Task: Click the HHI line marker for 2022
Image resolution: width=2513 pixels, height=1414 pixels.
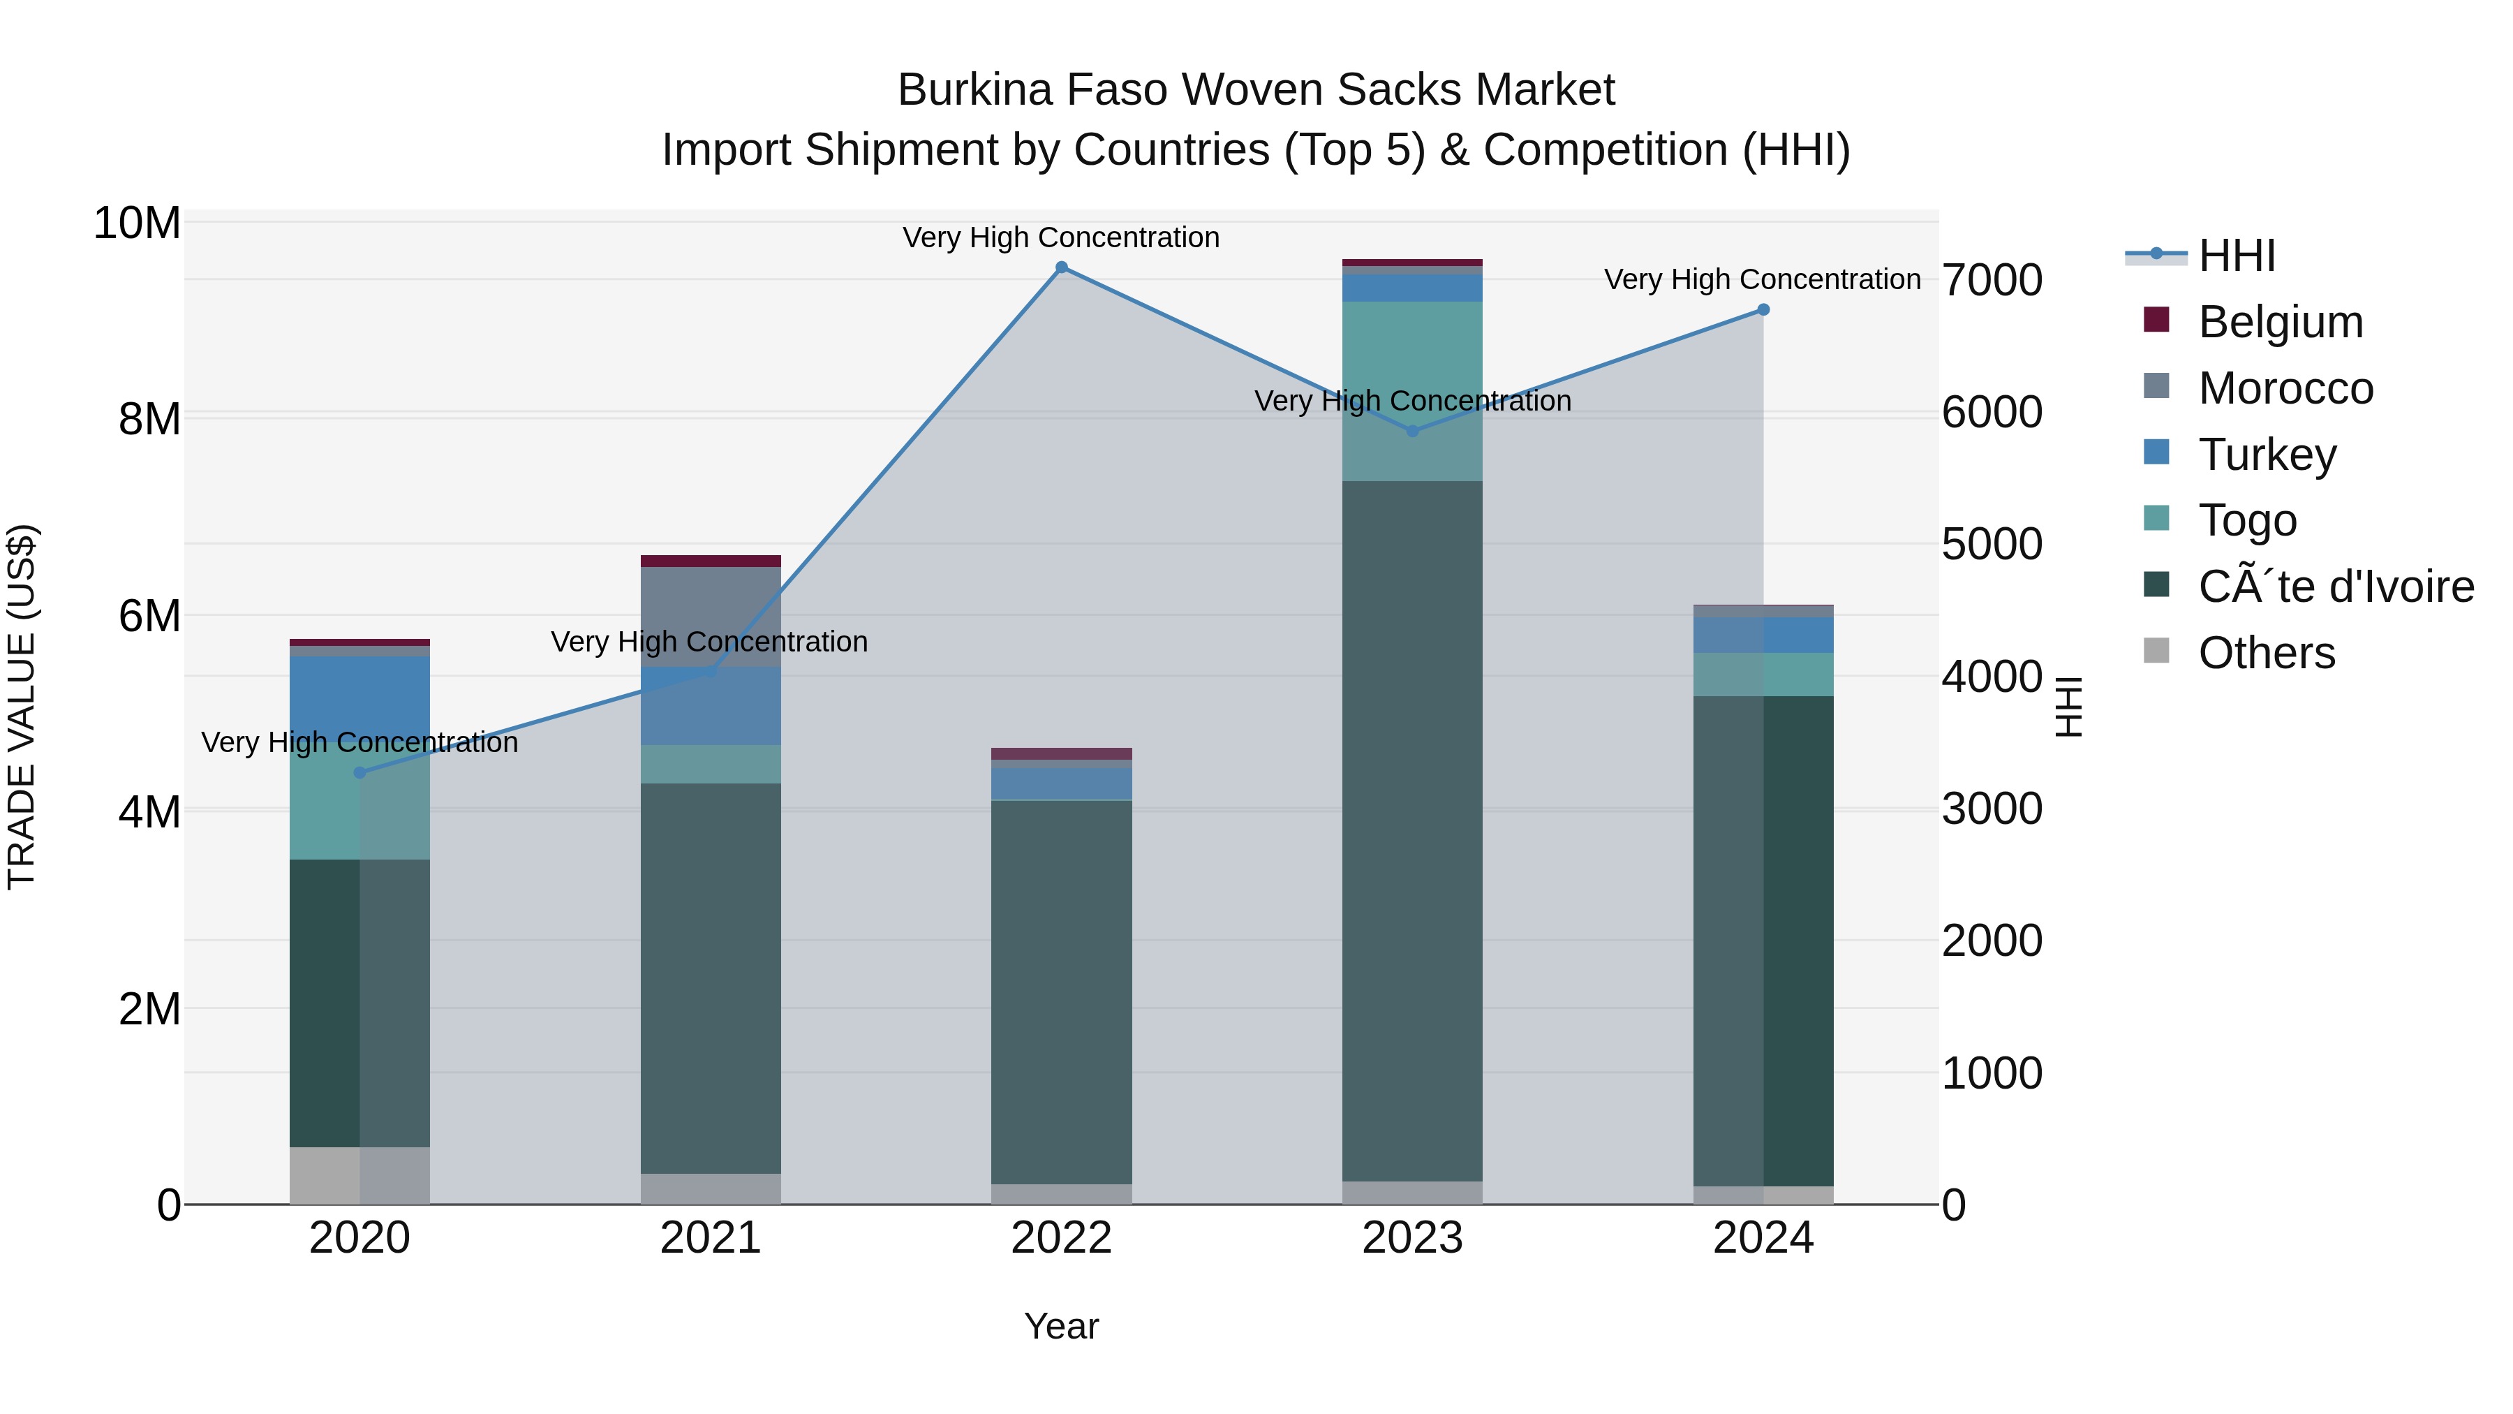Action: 1061,267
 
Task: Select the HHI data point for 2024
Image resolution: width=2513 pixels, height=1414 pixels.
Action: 1763,309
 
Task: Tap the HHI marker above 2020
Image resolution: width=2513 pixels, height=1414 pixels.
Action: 360,773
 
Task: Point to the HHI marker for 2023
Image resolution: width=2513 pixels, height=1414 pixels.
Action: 1413,430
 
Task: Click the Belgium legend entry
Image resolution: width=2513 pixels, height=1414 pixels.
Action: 2280,322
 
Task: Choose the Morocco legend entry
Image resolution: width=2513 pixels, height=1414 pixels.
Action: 2285,388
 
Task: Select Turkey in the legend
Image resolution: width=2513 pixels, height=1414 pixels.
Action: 2267,455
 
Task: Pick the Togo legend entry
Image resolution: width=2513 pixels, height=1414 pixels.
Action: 2248,520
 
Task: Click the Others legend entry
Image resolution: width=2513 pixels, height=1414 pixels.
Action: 2266,653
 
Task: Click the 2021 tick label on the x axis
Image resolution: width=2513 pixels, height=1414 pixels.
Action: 710,1238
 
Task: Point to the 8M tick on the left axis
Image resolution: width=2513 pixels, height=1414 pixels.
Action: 149,420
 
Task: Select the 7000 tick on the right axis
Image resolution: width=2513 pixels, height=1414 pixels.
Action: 1991,280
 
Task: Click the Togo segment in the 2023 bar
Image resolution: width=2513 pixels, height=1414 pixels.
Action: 1413,390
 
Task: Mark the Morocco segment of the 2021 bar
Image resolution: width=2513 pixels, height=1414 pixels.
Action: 710,617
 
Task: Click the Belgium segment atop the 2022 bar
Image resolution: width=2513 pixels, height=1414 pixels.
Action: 1061,753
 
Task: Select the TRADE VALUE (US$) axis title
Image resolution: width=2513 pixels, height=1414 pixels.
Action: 22,707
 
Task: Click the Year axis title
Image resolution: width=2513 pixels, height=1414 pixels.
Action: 1061,1326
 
